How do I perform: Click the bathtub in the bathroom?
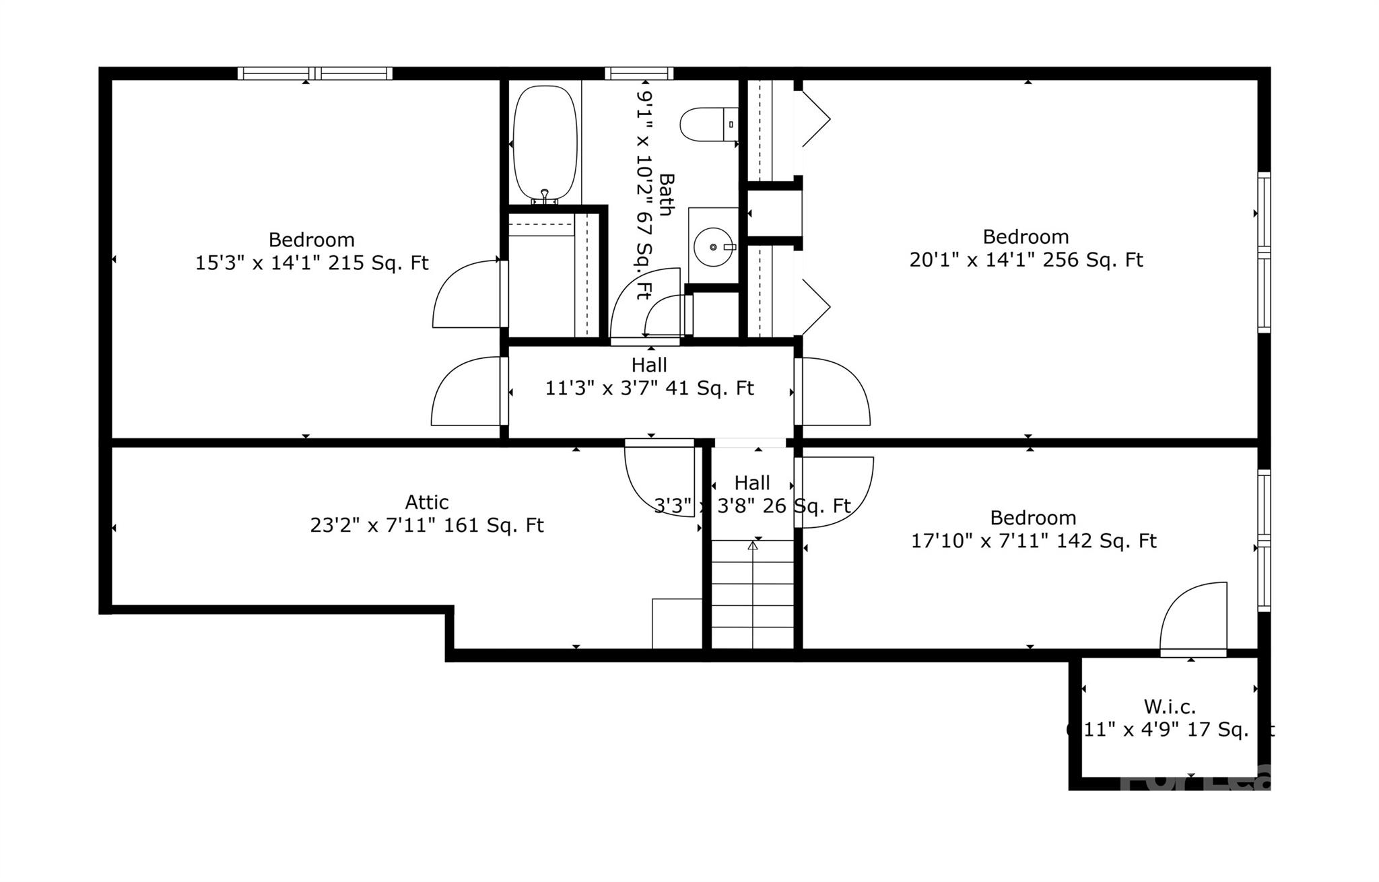[545, 142]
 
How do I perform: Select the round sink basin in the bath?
[712, 247]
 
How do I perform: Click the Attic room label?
[426, 502]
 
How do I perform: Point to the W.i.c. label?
[1170, 707]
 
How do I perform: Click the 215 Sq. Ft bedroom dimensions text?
[311, 263]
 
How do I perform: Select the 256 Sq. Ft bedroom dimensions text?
[1025, 260]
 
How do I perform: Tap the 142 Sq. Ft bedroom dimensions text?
[1033, 541]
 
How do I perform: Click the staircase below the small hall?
[753, 596]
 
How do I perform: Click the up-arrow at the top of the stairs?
[753, 545]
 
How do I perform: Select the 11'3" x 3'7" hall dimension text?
[649, 388]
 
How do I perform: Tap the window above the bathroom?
[638, 73]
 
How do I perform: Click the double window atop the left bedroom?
[314, 73]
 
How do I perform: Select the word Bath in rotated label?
[666, 195]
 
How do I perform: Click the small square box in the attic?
[677, 623]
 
